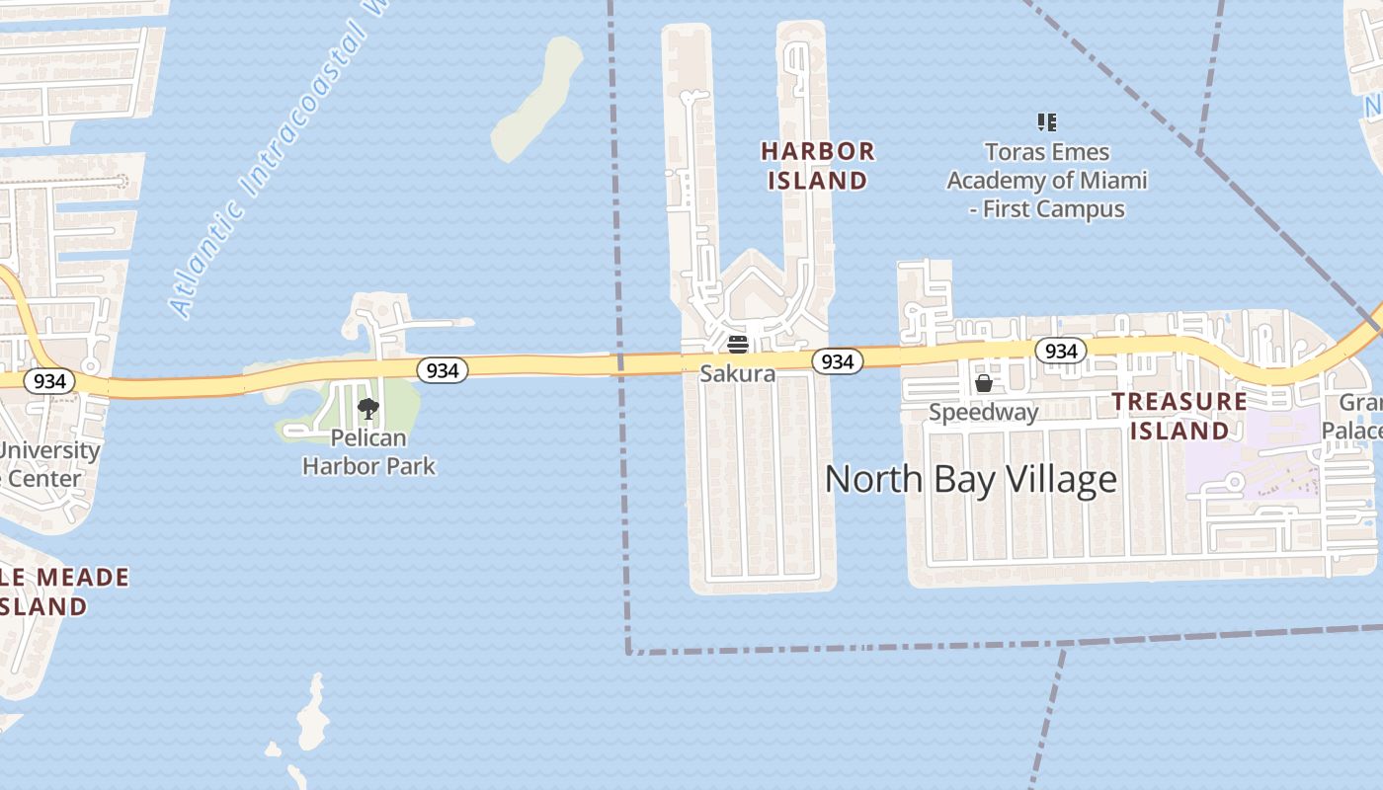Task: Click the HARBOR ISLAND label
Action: (x=817, y=166)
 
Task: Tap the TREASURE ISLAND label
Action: (x=1179, y=416)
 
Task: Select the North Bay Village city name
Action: (x=970, y=479)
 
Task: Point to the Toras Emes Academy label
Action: (x=1047, y=181)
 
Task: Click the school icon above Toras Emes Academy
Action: (x=1047, y=122)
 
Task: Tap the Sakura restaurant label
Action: (x=737, y=374)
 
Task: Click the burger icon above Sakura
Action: (x=737, y=345)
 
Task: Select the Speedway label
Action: (x=983, y=412)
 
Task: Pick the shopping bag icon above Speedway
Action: (x=984, y=383)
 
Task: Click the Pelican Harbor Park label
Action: (x=368, y=451)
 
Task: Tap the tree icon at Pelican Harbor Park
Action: (x=368, y=408)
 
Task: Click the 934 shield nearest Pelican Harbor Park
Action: (x=443, y=370)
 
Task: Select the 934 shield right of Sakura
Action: (x=837, y=361)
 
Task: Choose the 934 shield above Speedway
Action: (x=1060, y=351)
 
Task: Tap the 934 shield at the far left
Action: (x=48, y=381)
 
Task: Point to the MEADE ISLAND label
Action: (x=64, y=592)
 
